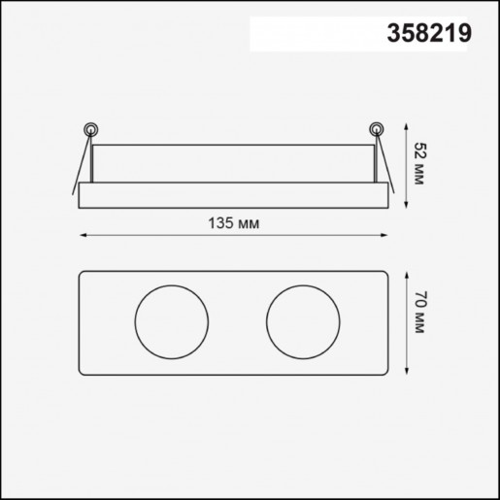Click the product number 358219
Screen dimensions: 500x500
(x=429, y=32)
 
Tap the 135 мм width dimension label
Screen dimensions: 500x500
(x=233, y=223)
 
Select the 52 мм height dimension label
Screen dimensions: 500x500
(x=418, y=161)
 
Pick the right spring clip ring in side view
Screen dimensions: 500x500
(x=377, y=127)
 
